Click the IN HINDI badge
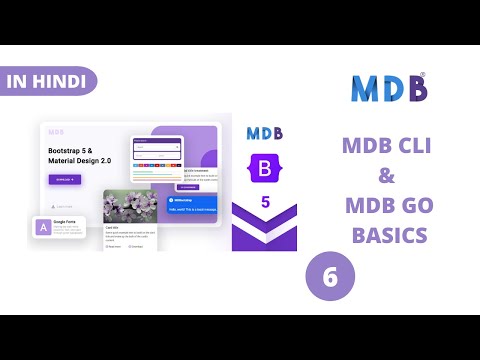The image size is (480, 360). [45, 80]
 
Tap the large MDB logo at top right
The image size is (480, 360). [389, 88]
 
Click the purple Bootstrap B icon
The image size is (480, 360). [264, 169]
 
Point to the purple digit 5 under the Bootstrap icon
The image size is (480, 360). [265, 201]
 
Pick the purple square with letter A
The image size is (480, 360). [43, 229]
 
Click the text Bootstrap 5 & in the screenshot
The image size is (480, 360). [72, 150]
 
